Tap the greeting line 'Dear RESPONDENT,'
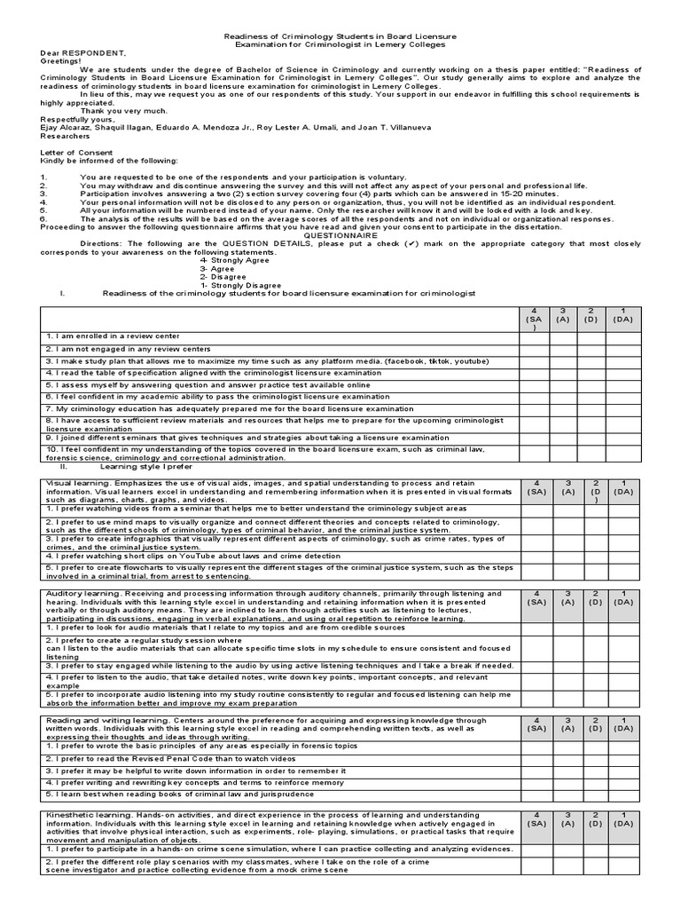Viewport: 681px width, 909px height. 76,53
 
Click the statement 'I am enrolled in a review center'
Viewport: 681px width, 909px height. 113,336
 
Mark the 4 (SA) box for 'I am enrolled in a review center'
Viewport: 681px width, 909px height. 534,337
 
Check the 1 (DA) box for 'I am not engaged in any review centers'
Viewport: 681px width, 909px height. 622,350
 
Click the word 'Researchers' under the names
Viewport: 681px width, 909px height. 65,136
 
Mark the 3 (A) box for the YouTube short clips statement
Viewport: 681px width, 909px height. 562,556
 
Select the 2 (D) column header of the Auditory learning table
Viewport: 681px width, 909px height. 591,597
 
